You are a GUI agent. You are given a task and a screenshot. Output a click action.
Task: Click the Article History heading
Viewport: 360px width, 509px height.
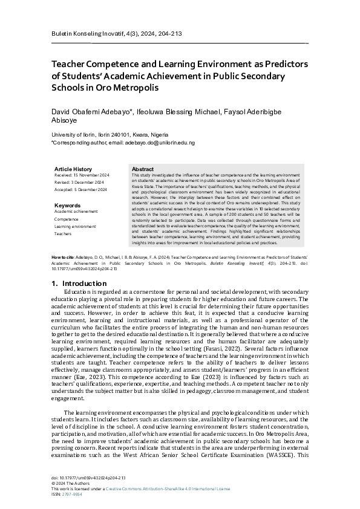(x=73, y=169)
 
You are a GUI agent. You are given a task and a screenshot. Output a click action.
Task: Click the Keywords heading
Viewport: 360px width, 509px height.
(x=67, y=206)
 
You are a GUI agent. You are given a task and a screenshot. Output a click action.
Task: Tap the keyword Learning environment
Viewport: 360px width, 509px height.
(x=75, y=226)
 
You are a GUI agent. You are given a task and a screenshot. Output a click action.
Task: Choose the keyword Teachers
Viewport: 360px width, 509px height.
(x=63, y=233)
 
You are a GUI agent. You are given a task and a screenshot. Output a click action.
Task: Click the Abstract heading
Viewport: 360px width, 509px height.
(x=142, y=169)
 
